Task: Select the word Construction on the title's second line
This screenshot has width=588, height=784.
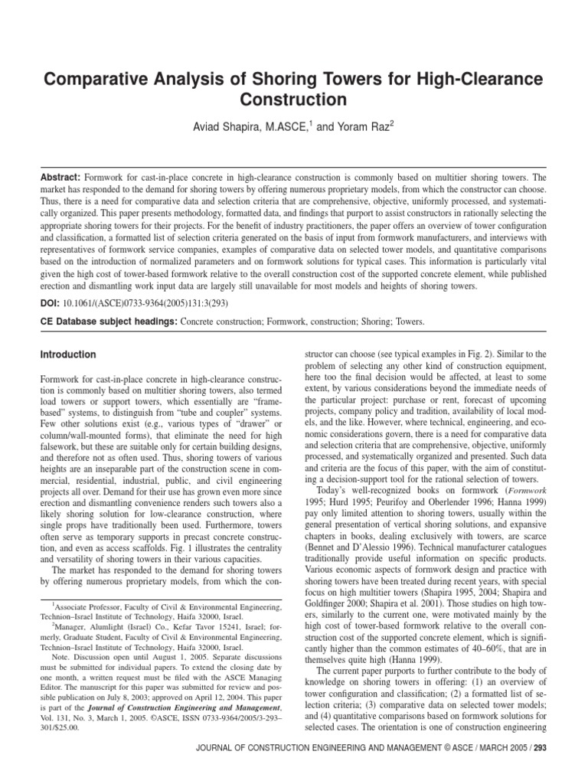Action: point(294,100)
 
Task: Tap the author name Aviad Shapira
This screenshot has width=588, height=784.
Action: point(226,127)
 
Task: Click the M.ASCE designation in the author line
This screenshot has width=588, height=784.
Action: point(289,127)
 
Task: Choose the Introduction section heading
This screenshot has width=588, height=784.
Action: point(68,355)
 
